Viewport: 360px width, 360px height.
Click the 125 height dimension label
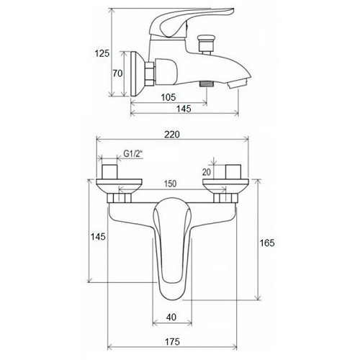click(x=102, y=53)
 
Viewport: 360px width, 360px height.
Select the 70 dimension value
click(x=117, y=73)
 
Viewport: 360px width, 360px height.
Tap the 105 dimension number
click(x=168, y=97)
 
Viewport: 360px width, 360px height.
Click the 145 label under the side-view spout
click(x=184, y=109)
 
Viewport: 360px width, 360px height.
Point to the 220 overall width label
click(x=172, y=135)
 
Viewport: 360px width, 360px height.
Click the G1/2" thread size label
click(x=133, y=154)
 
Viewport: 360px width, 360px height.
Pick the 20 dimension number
click(x=207, y=172)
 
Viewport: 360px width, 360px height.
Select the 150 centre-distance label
click(x=170, y=184)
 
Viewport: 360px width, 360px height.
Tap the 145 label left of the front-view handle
click(x=98, y=237)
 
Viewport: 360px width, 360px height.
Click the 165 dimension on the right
click(x=267, y=243)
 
